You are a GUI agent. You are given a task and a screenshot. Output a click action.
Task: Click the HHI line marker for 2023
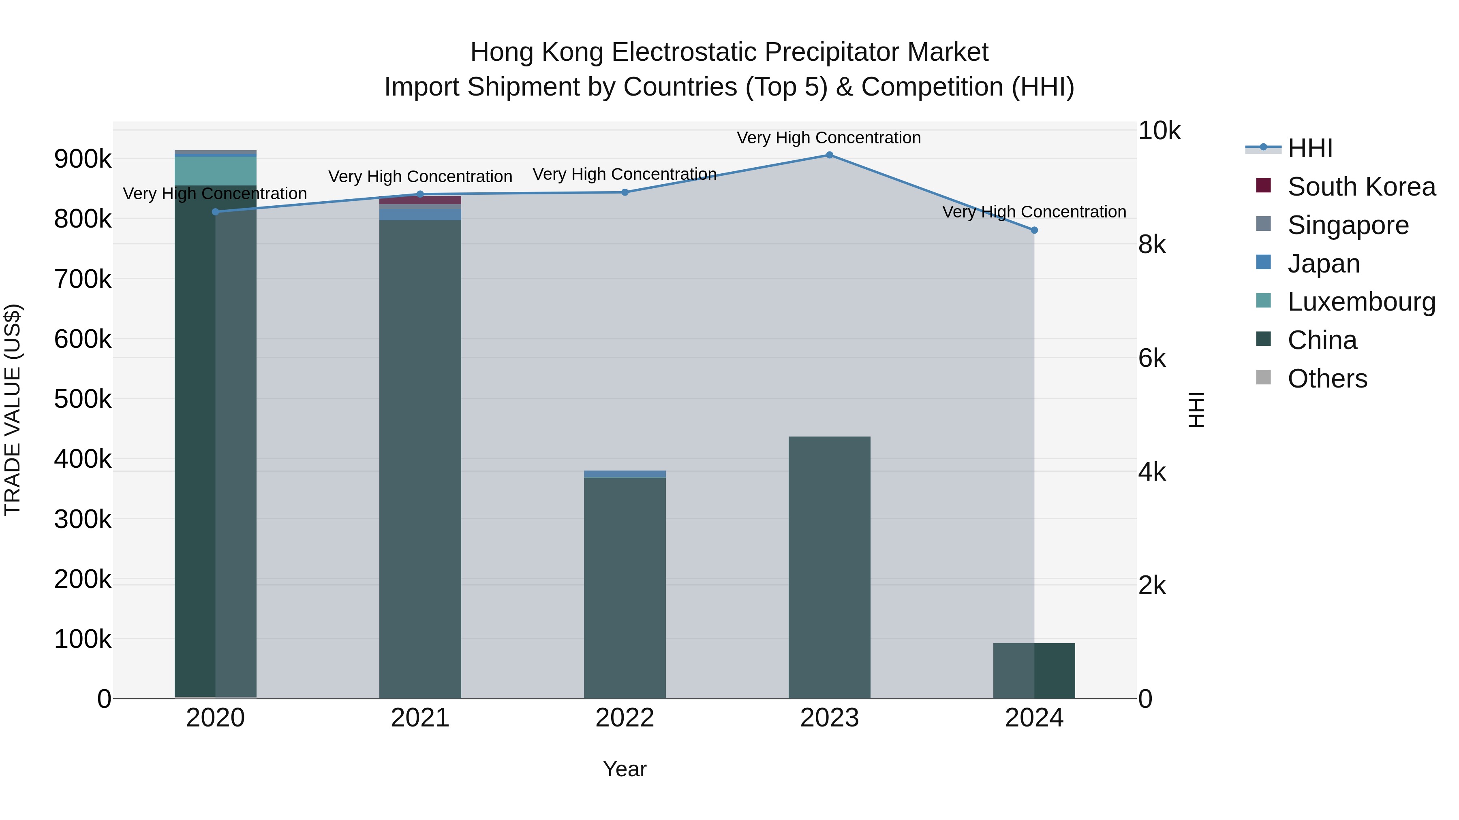point(829,155)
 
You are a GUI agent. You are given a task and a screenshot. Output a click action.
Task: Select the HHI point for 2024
point(1034,230)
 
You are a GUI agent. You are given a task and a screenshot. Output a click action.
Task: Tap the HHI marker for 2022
point(625,192)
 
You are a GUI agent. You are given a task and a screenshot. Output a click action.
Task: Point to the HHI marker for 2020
point(215,212)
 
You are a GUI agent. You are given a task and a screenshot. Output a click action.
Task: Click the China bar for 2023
point(829,566)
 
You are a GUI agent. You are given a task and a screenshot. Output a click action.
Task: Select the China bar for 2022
point(625,588)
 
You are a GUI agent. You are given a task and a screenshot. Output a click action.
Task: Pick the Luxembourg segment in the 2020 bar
point(215,171)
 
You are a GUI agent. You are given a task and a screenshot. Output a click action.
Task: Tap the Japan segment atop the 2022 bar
point(625,474)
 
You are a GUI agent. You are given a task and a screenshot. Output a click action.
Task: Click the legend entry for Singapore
point(1348,225)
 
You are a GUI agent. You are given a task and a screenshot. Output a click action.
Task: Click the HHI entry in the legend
point(1310,148)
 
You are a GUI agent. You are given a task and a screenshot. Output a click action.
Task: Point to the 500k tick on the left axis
point(83,399)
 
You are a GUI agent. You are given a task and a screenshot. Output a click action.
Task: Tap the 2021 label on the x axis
point(420,718)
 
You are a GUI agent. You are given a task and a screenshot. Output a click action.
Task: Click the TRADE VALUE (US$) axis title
point(13,410)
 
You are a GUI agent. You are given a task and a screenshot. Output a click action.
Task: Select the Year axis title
point(625,769)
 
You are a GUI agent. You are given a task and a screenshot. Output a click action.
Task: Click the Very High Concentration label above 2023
point(829,138)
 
